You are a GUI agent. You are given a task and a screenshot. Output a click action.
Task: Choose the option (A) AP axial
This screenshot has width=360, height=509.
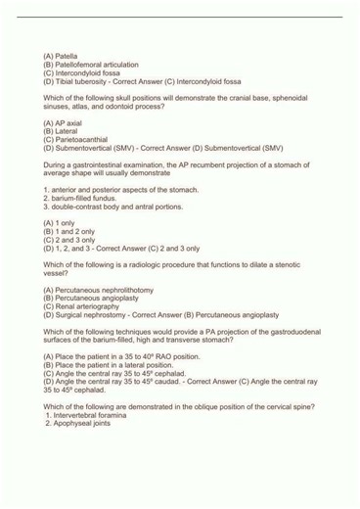tap(66, 122)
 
